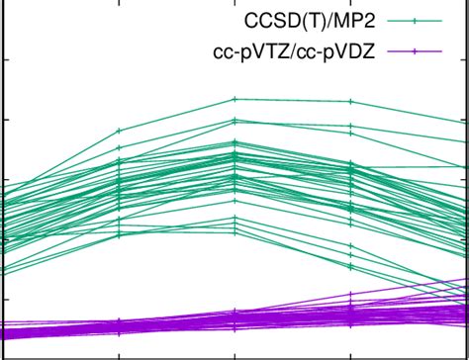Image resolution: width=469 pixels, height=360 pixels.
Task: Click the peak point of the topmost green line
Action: (x=234, y=99)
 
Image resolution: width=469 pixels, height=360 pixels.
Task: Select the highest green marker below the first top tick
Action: (x=120, y=130)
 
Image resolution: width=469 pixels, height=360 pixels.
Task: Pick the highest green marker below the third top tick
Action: (x=351, y=101)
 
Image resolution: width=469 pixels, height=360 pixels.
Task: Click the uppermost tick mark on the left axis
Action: (x=4, y=60)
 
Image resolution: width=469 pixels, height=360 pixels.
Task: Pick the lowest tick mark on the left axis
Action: (x=4, y=300)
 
